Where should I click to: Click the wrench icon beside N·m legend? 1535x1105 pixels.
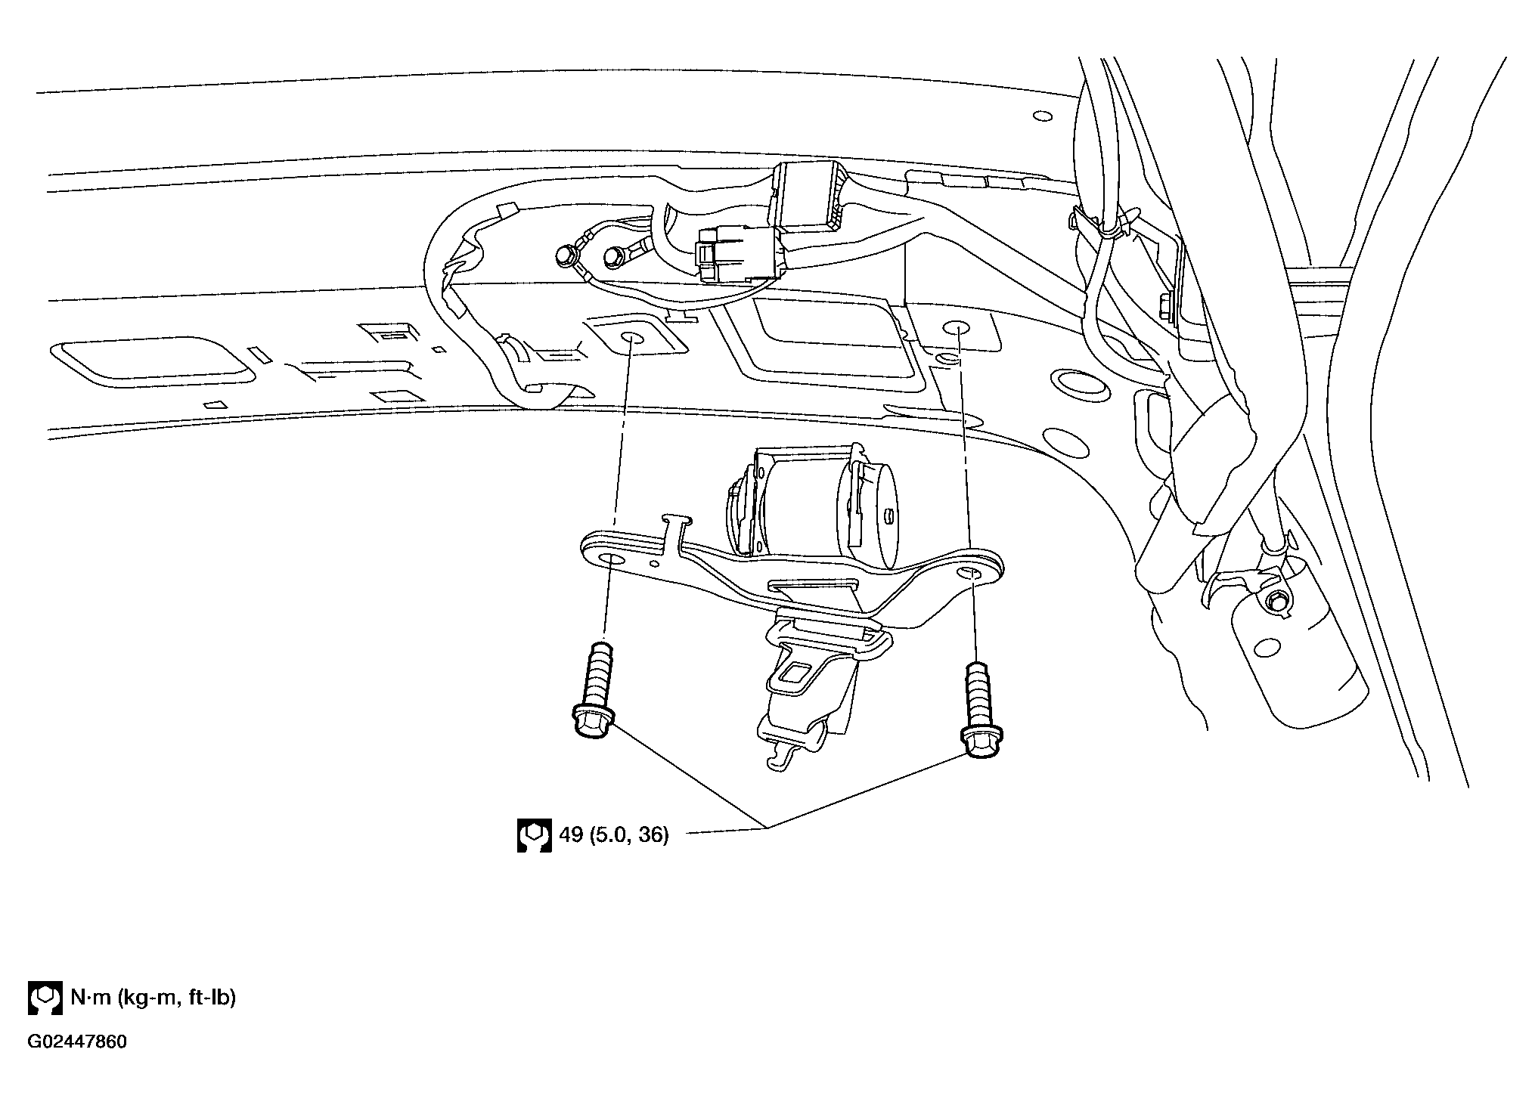(45, 998)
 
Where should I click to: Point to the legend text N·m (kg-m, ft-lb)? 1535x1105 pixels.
(153, 998)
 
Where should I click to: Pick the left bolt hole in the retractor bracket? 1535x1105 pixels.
(612, 560)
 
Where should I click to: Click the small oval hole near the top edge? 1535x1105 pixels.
(1042, 116)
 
